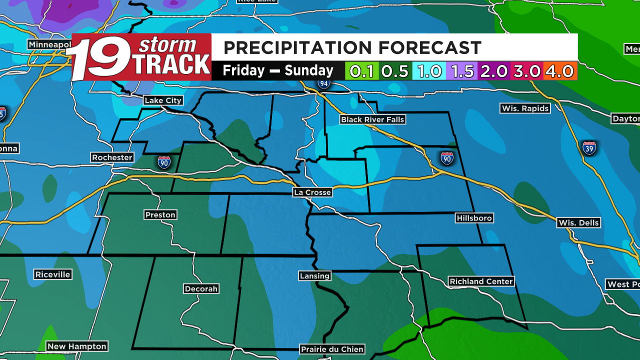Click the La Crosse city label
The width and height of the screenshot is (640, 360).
pos(312,192)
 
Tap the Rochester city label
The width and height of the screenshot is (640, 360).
pos(112,157)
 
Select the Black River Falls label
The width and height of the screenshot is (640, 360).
pos(372,119)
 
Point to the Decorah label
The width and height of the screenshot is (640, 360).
pos(201,289)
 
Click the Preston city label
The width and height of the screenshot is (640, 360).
pos(160,215)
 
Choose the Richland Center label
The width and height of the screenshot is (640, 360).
pos(481,281)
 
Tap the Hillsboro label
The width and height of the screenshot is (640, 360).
pos(474,218)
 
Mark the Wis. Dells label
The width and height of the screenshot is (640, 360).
pos(578,223)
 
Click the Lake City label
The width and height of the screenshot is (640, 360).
pos(163,100)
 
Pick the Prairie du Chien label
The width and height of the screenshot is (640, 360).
pos(332,349)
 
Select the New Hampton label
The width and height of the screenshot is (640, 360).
pos(77,346)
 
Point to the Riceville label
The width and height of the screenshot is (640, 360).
pos(53,274)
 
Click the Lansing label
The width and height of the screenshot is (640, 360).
pos(314,275)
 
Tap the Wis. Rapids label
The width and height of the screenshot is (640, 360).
pos(525,108)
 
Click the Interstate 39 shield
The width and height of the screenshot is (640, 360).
pos(589,148)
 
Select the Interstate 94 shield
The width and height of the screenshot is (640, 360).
pos(323,83)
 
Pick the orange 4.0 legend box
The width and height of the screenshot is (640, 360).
pos(560,71)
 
